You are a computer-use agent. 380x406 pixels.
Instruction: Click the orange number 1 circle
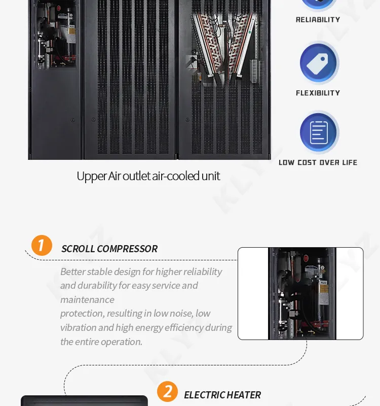point(42,245)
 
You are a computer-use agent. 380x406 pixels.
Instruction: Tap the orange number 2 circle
point(167,391)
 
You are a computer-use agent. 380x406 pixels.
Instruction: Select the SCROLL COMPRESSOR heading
point(109,249)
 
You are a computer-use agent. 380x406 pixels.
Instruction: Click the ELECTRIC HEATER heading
point(222,395)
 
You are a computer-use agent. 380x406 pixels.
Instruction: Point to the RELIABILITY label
point(318,20)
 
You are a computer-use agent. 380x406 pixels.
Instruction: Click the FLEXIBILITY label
point(318,93)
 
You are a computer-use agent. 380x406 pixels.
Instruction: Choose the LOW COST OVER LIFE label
point(318,162)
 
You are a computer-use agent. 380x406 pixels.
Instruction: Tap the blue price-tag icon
point(318,63)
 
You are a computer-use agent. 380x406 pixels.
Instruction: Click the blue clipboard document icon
point(318,132)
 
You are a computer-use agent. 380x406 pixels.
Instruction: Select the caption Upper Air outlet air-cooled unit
point(148,176)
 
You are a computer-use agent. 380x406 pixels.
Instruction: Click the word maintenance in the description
point(87,299)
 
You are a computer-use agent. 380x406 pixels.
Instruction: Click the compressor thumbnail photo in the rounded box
point(301,293)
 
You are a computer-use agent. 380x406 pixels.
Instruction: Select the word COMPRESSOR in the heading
point(127,249)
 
